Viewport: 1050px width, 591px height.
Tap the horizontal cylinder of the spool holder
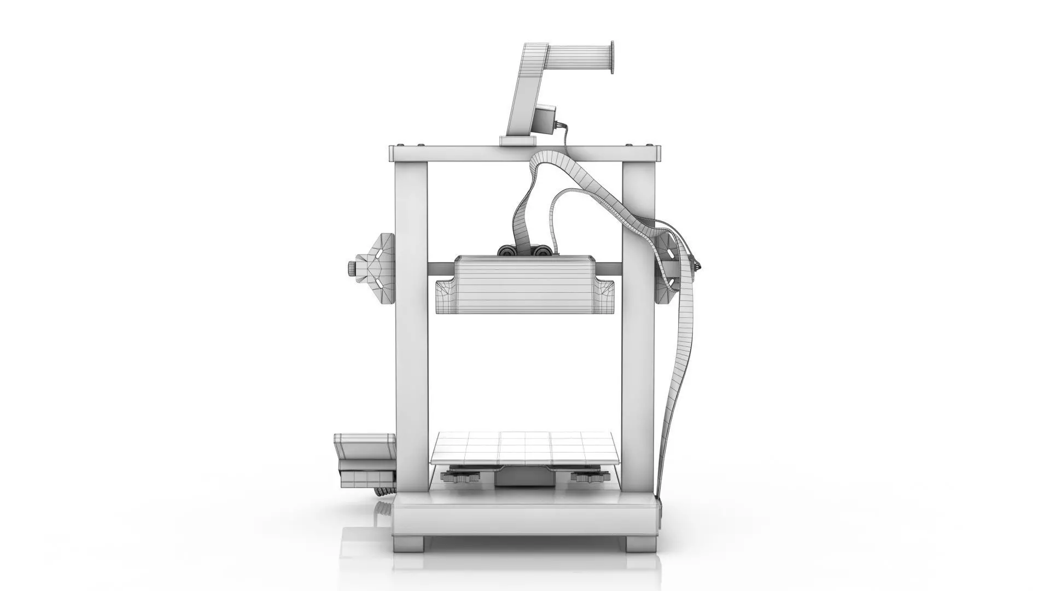point(580,57)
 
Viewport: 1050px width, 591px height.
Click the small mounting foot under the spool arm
point(517,141)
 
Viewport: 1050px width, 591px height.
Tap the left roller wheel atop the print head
point(506,251)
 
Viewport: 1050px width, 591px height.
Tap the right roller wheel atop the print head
point(542,251)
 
